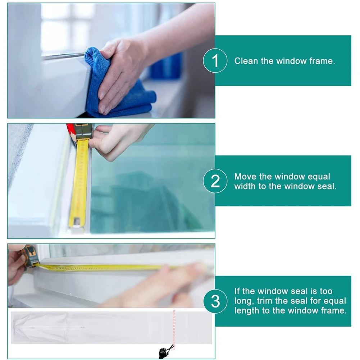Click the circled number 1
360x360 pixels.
[x=215, y=61]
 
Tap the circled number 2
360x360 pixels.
[x=215, y=181]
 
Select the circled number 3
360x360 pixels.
[x=215, y=301]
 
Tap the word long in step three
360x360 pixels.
[x=243, y=301]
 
